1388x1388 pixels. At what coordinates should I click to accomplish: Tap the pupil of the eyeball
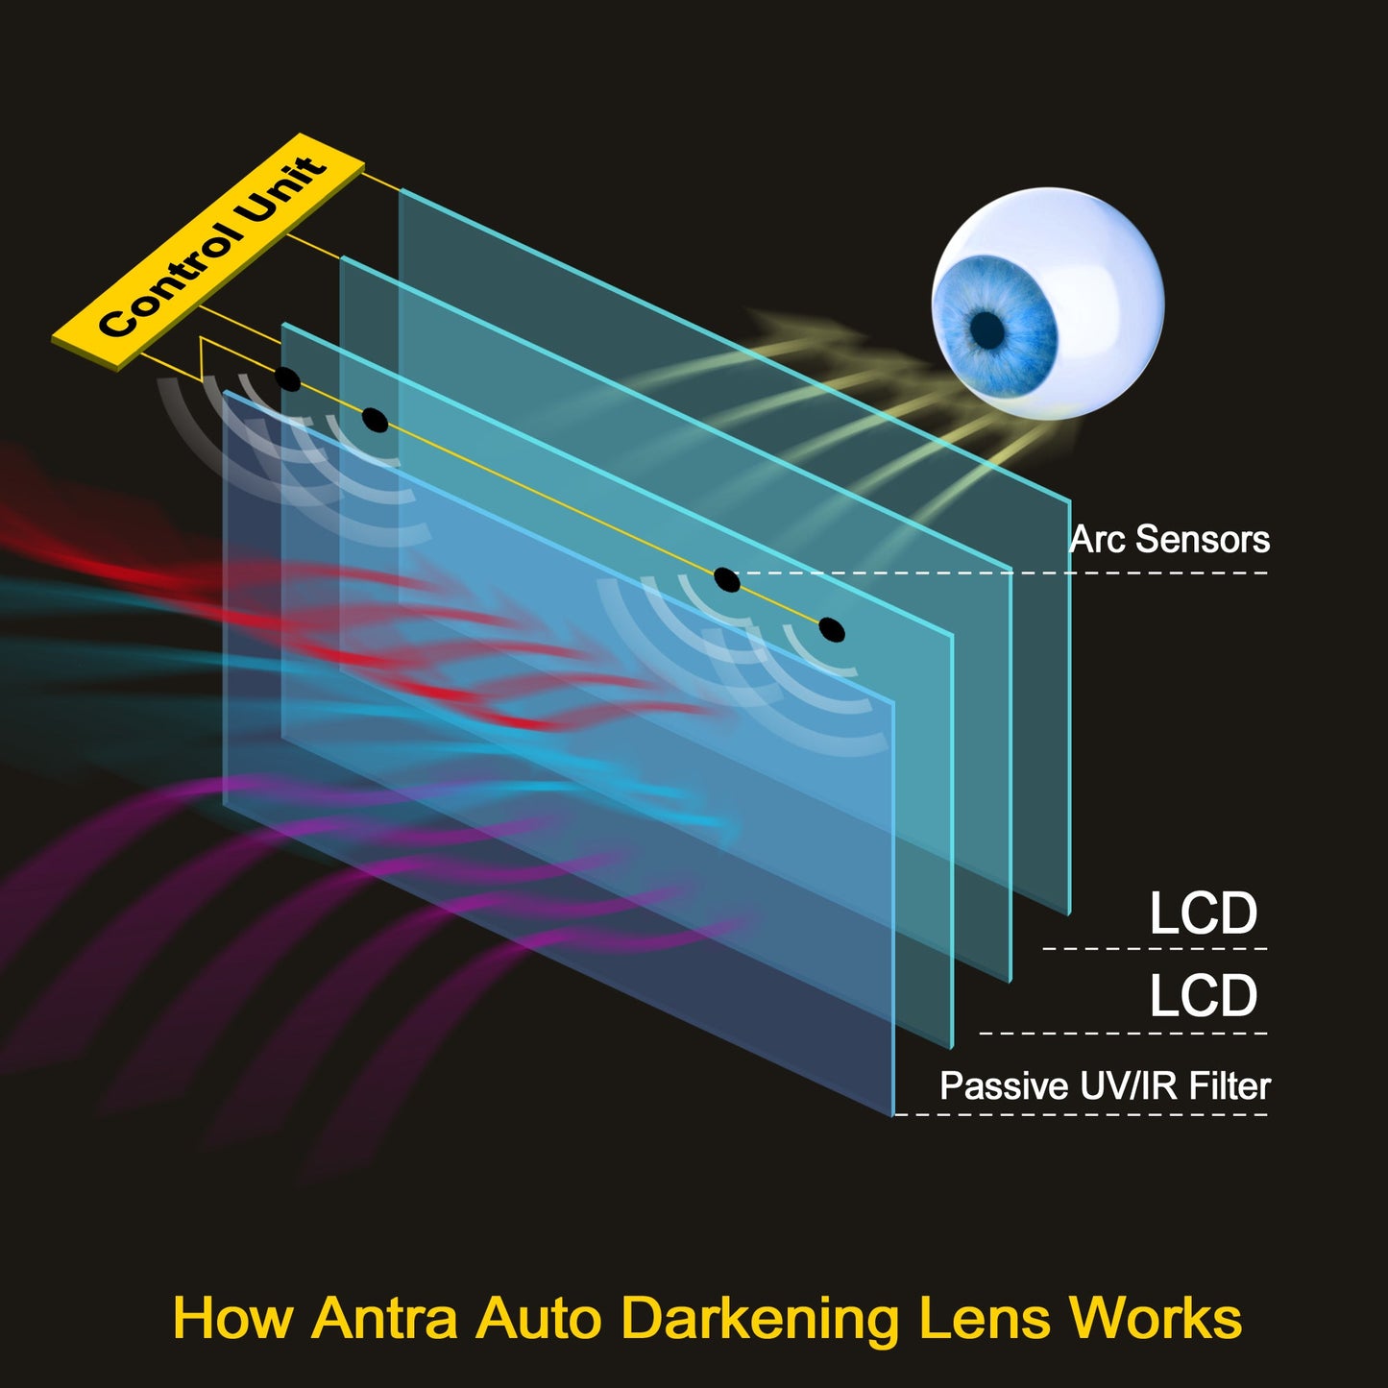tap(987, 330)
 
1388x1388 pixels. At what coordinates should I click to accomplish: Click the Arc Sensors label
tap(1169, 540)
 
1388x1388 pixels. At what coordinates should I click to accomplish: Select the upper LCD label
tap(1203, 913)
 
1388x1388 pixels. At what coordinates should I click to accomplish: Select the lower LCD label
tap(1203, 996)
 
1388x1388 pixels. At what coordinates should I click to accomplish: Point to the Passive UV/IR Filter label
tap(1105, 1086)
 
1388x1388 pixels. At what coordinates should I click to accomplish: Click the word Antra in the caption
tap(384, 1318)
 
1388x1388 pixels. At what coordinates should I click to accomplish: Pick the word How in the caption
tap(232, 1318)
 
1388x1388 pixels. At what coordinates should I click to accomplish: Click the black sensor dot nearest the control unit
tap(287, 378)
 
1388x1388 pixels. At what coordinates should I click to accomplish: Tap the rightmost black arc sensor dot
tap(832, 630)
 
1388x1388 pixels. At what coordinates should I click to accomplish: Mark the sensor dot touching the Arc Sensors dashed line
tap(727, 580)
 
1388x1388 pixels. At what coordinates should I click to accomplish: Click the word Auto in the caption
tap(541, 1318)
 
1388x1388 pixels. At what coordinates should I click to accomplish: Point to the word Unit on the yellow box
tap(282, 192)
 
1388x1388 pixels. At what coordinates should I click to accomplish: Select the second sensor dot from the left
tap(375, 420)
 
